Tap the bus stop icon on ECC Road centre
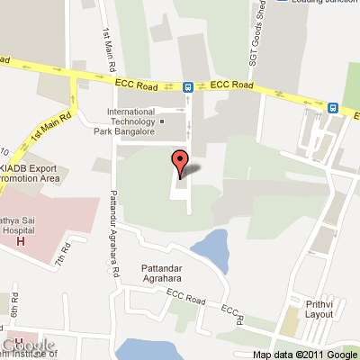[188, 87]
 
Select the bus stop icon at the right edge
[334, 107]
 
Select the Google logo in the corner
[27, 346]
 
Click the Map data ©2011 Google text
[304, 354]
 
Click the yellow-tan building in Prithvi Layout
[290, 319]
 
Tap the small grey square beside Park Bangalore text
[162, 121]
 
